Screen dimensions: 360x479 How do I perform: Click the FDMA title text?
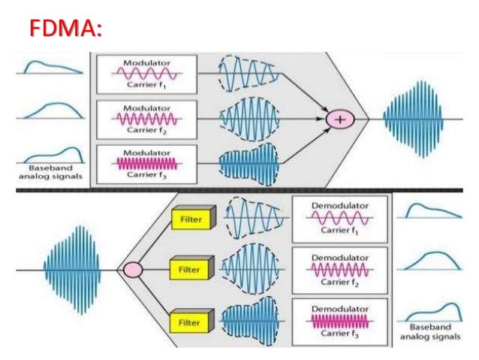66,29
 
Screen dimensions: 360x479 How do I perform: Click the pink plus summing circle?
339,118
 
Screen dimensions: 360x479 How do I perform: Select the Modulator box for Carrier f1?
146,74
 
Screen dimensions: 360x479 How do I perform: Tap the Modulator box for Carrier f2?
146,118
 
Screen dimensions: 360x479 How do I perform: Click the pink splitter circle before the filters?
134,269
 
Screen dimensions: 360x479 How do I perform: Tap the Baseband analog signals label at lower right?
430,333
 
